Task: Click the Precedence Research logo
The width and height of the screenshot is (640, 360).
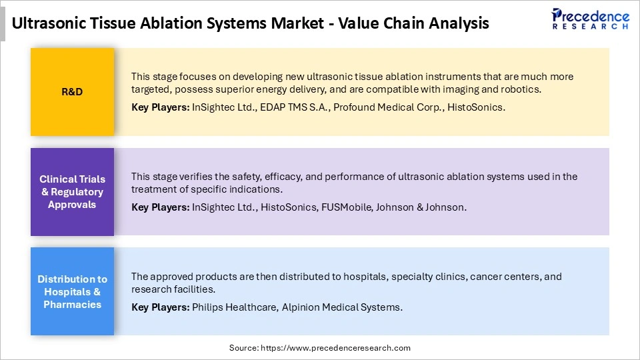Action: pos(590,19)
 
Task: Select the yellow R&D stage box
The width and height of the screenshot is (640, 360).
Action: pos(72,92)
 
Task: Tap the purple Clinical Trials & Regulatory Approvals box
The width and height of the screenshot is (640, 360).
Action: pos(72,192)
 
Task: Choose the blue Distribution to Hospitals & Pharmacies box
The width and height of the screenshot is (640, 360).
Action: pos(72,292)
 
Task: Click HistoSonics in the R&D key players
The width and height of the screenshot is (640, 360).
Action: pos(476,107)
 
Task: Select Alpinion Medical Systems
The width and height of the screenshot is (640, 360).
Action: pos(342,307)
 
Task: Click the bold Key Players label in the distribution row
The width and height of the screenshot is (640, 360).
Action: pos(160,307)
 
